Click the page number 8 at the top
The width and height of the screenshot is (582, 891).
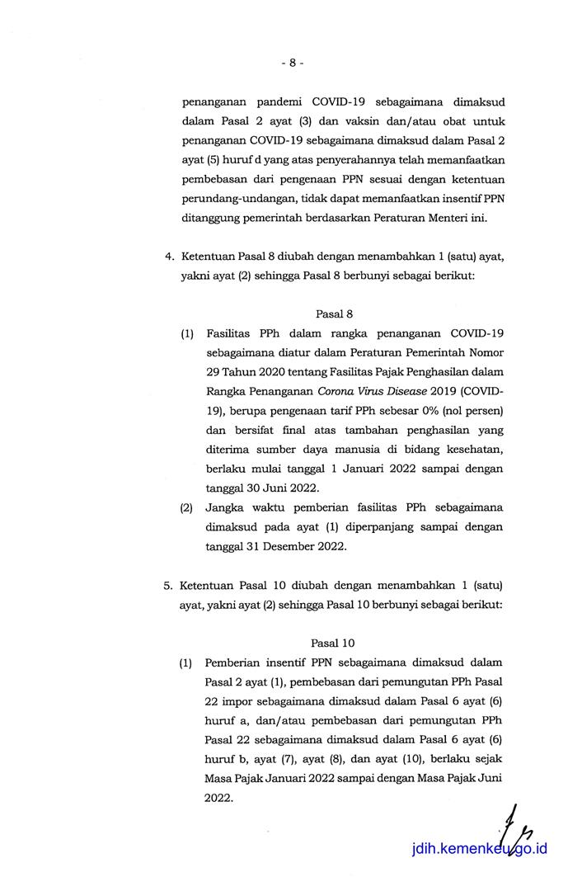pyautogui.click(x=292, y=62)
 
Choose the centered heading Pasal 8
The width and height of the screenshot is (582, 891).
pyautogui.click(x=335, y=314)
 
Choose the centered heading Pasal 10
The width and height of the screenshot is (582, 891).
pyautogui.click(x=334, y=643)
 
